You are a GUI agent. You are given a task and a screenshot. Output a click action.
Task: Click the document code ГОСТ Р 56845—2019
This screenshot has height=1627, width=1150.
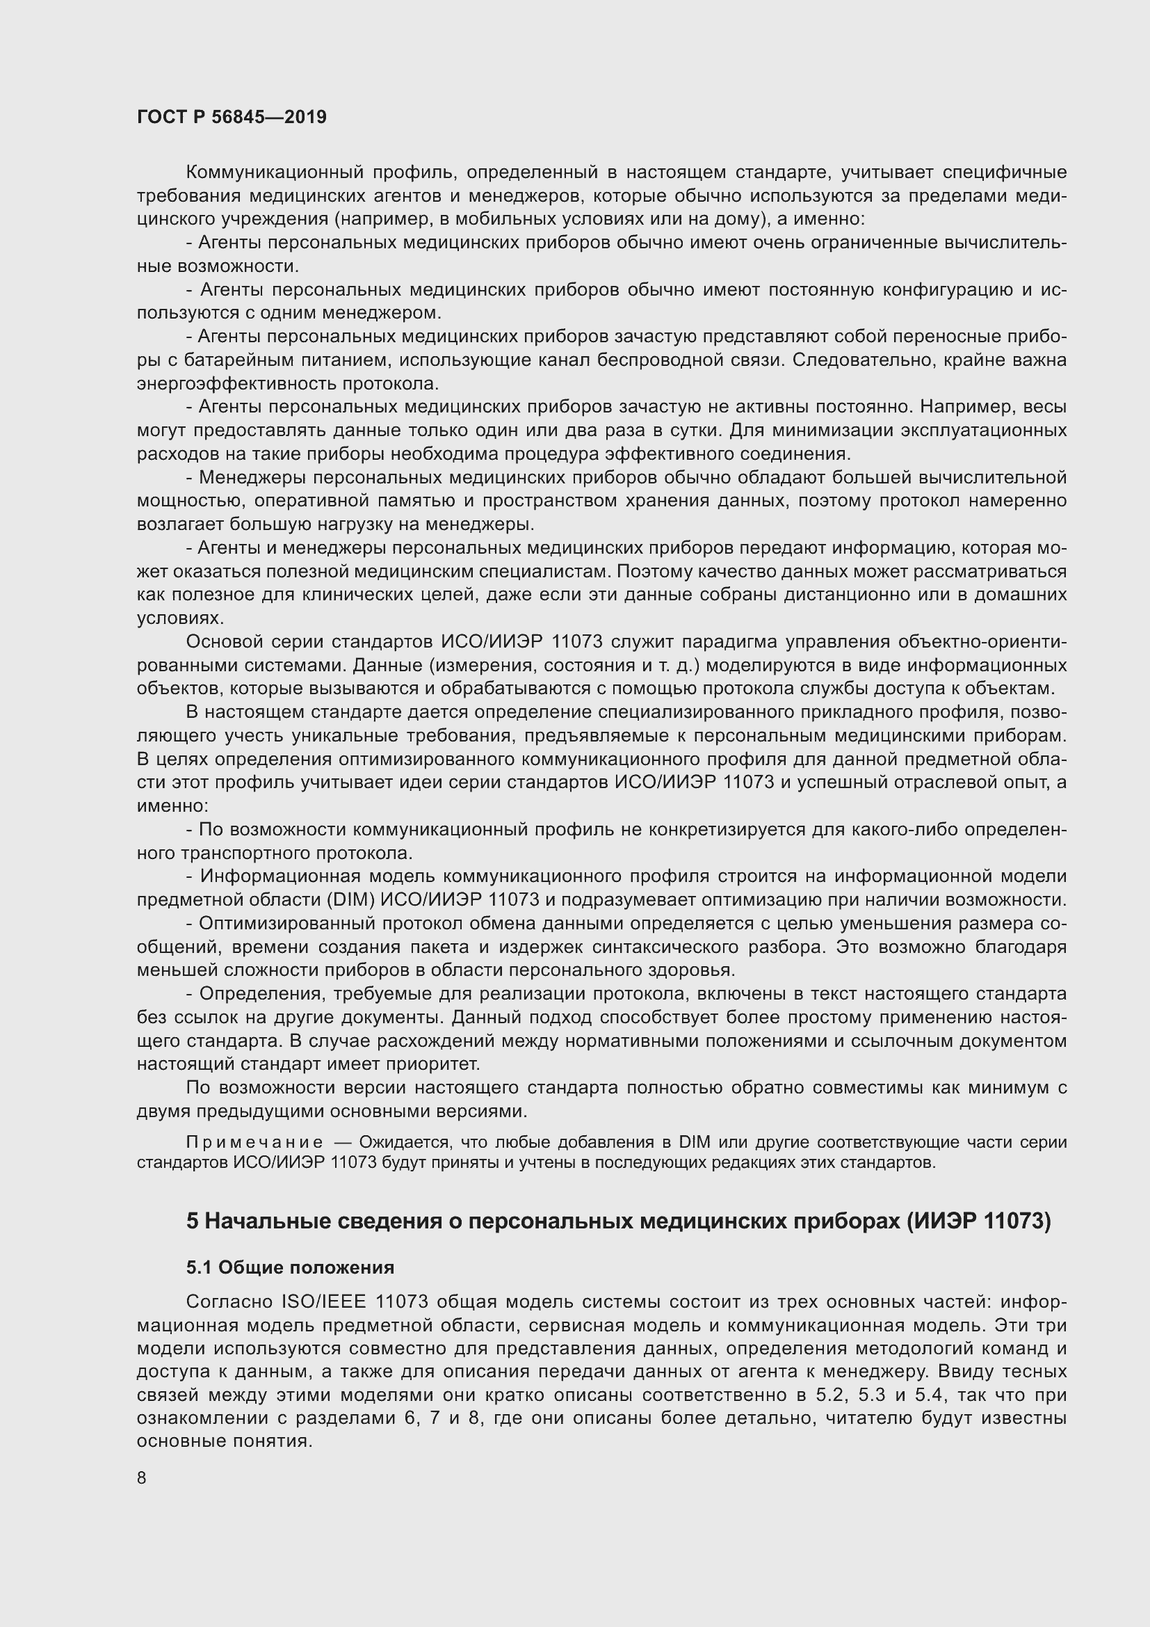232,118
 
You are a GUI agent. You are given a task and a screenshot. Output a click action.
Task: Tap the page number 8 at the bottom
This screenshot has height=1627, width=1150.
142,1477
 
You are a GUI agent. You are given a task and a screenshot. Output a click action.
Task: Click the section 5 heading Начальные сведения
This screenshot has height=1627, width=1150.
618,1221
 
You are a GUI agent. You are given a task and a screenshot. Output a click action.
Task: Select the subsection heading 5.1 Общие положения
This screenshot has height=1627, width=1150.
290,1267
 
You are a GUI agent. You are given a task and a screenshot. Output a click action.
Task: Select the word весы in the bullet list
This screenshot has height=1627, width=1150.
1046,407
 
